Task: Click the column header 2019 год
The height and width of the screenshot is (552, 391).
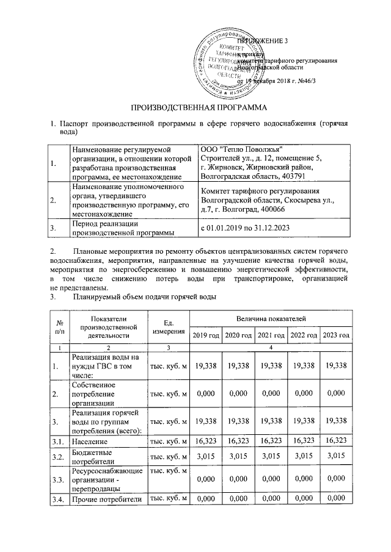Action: click(205, 335)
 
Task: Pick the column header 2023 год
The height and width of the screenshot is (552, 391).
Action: click(336, 335)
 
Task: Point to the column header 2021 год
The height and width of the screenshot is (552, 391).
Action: click(271, 335)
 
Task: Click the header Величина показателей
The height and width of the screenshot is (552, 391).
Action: click(271, 319)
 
